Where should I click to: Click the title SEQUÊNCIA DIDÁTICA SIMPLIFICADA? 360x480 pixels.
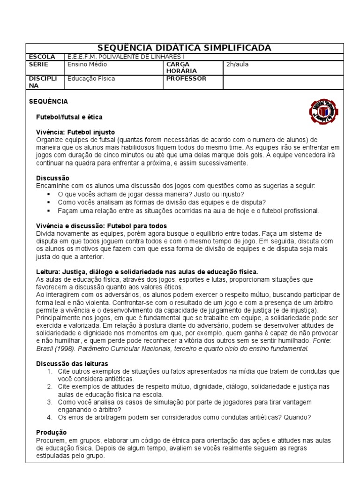pyautogui.click(x=184, y=48)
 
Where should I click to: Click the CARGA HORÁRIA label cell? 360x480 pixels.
pyautogui.click(x=181, y=67)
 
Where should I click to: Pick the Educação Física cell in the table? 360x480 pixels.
pyautogui.click(x=91, y=79)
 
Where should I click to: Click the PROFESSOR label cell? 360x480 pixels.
pyautogui.click(x=186, y=79)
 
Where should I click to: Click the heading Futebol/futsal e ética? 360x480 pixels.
pyautogui.click(x=69, y=117)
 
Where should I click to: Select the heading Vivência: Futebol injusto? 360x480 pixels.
pyautogui.click(x=75, y=132)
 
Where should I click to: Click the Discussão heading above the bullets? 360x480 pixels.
pyautogui.click(x=52, y=178)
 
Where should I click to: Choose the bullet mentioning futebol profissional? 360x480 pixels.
pyautogui.click(x=188, y=210)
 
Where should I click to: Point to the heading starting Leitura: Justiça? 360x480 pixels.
pyautogui.click(x=147, y=272)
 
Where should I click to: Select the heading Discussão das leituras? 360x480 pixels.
pyautogui.click(x=72, y=364)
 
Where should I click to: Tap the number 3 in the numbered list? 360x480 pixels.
pyautogui.click(x=50, y=402)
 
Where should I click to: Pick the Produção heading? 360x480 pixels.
pyautogui.click(x=52, y=432)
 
